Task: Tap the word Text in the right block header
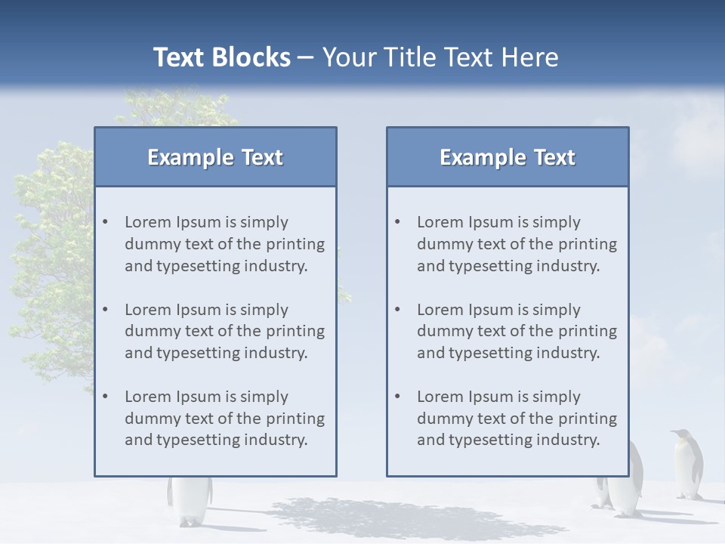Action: coord(554,157)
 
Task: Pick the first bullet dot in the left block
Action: coord(106,222)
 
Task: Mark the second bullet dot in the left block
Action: coord(106,310)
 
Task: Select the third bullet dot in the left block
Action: coord(106,397)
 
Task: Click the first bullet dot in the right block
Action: coord(398,222)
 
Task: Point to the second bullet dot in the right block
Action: coord(398,310)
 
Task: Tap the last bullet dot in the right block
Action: coord(398,397)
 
